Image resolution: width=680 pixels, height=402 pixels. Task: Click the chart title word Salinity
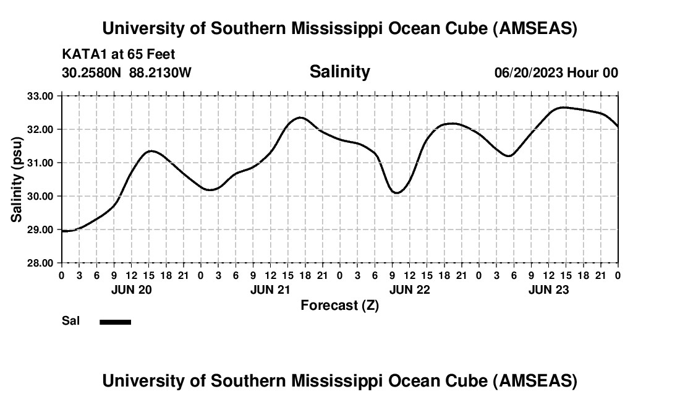click(339, 72)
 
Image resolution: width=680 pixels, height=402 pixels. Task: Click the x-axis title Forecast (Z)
click(339, 305)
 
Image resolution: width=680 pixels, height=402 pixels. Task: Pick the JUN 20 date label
click(132, 289)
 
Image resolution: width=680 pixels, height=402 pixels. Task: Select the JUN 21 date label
click(271, 289)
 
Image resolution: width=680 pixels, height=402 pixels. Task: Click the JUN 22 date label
click(410, 289)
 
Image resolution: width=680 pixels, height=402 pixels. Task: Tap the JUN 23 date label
click(549, 289)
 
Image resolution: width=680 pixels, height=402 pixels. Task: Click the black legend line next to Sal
click(115, 322)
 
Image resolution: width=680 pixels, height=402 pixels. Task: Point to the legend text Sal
click(70, 321)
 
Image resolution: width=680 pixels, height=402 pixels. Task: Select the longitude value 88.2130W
click(160, 72)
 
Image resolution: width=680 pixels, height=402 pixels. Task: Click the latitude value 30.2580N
click(93, 72)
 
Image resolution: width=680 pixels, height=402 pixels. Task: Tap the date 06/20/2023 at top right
click(529, 72)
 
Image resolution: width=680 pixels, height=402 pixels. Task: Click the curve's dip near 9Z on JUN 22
click(396, 193)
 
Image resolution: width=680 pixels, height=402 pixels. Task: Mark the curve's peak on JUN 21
click(300, 118)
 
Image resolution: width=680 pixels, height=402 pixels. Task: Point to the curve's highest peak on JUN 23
click(562, 108)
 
